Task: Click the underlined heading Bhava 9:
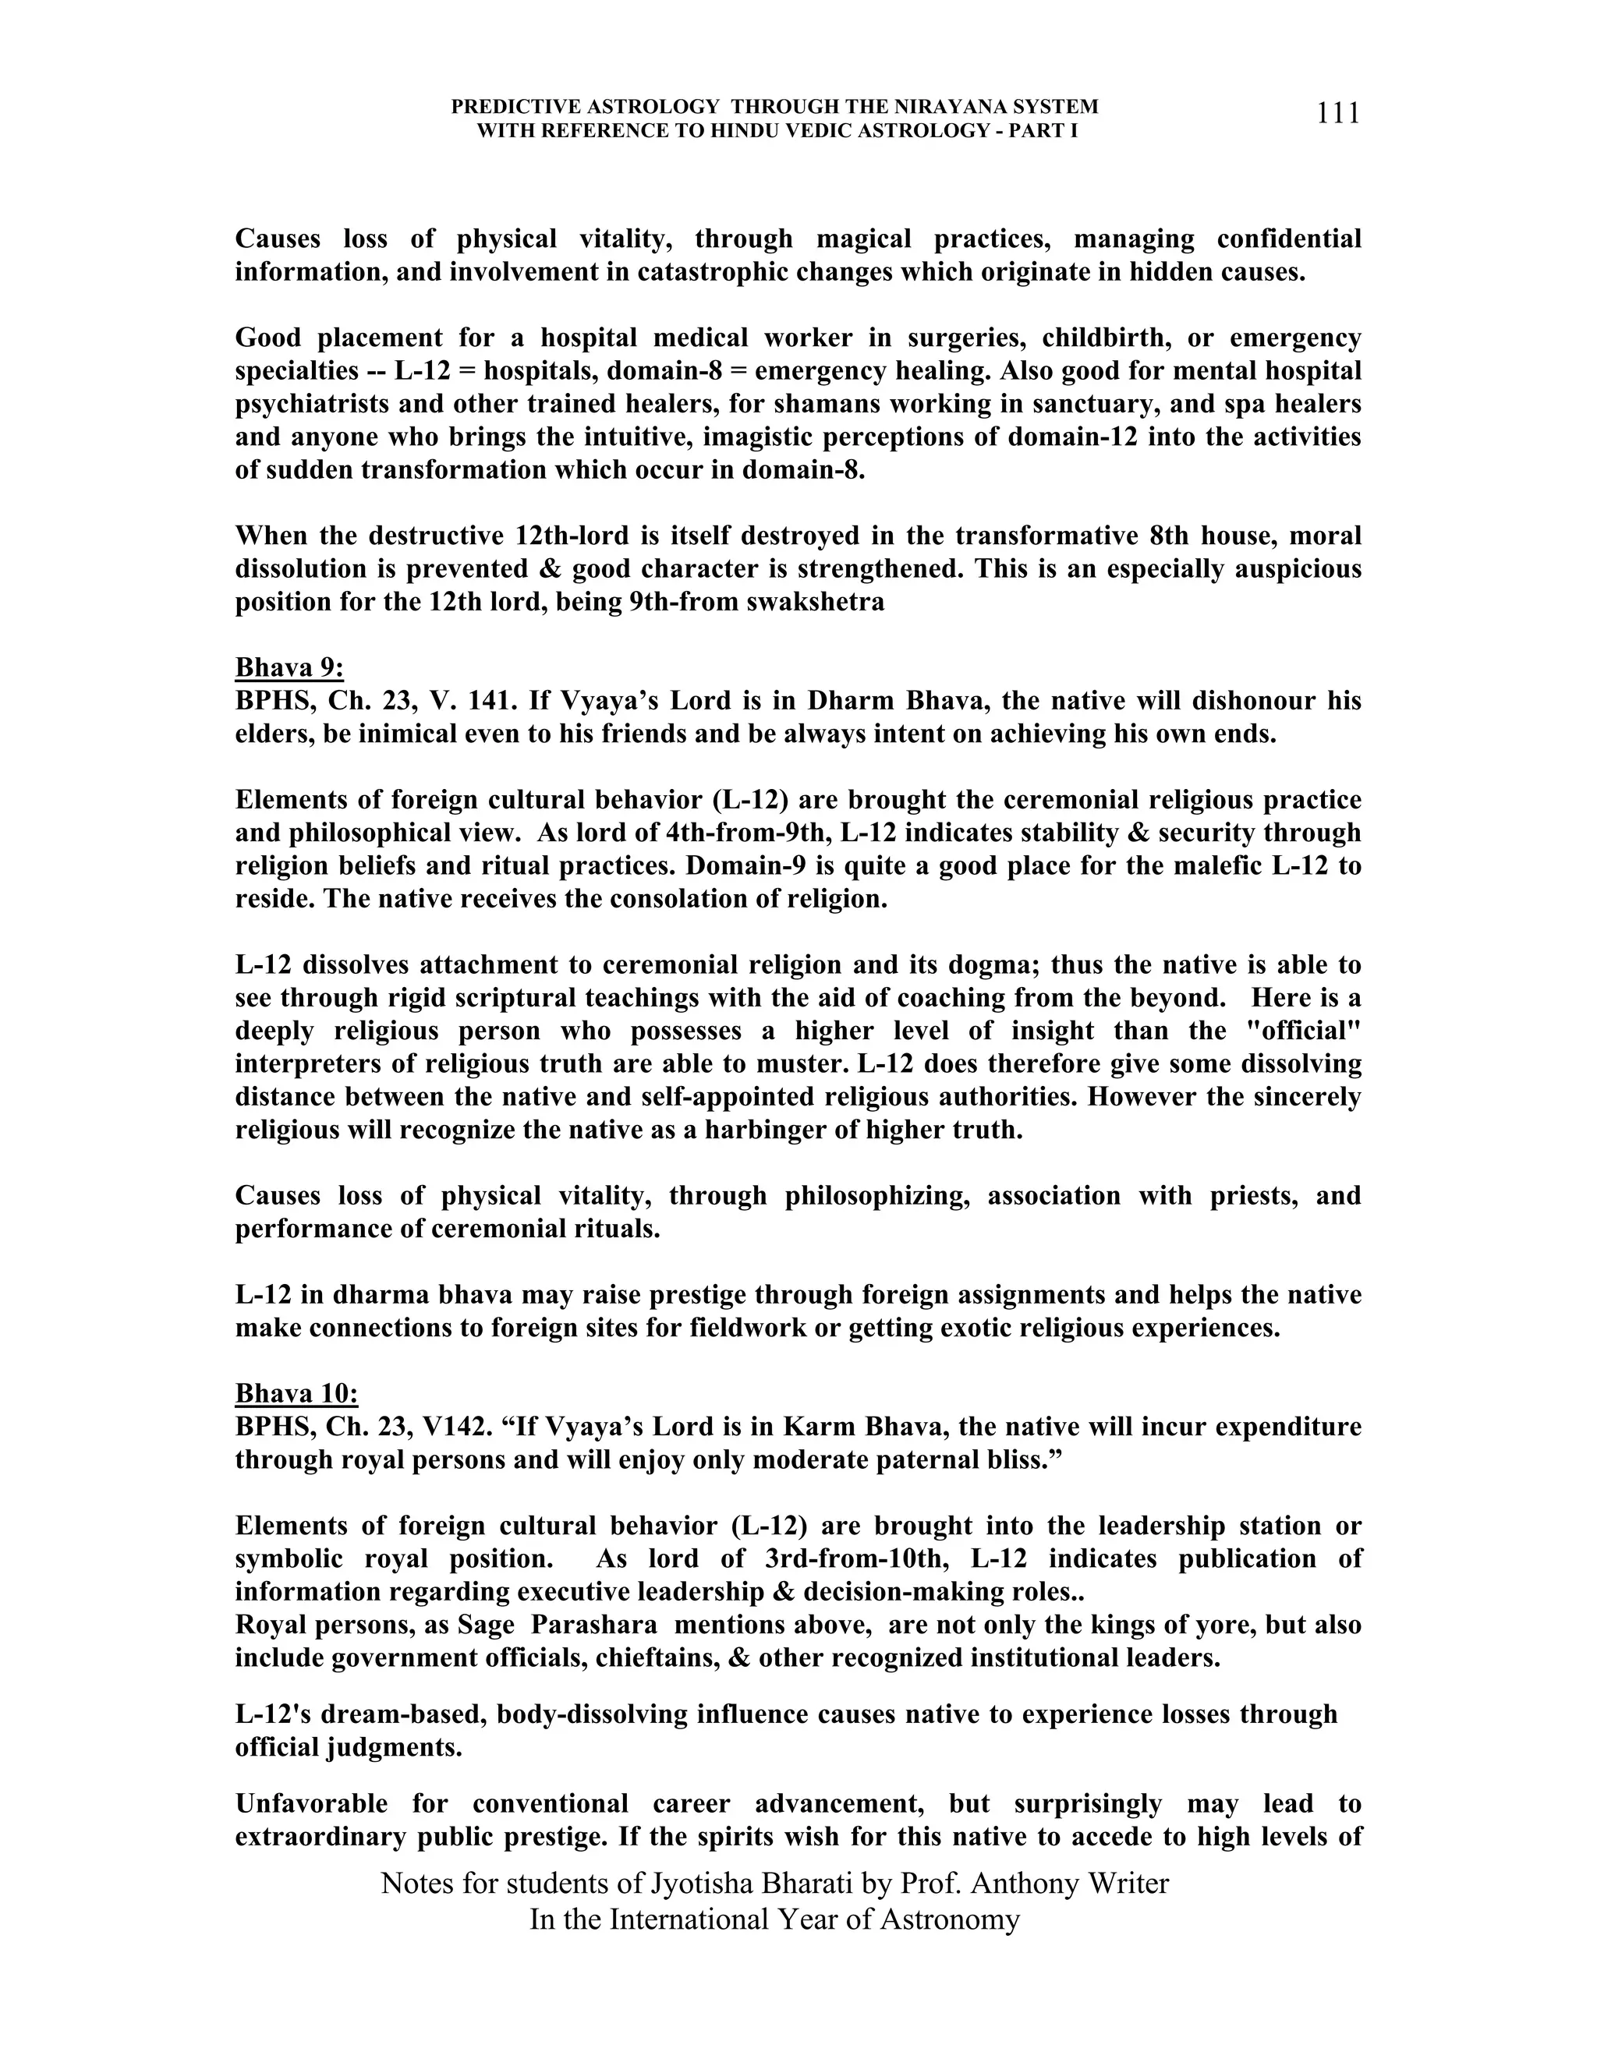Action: [289, 668]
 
